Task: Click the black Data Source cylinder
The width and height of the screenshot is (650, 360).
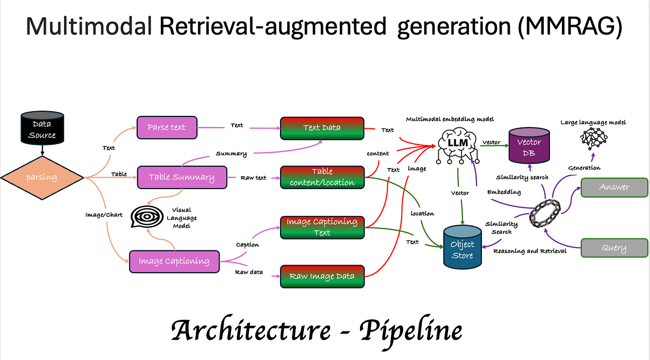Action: coord(42,129)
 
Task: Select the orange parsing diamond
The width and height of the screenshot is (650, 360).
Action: coord(42,178)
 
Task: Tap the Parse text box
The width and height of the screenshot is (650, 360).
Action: coord(167,128)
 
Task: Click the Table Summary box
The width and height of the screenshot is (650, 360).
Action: coord(181,177)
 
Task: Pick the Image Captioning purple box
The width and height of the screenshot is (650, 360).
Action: coord(174,261)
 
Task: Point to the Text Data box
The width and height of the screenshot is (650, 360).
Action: coord(322,128)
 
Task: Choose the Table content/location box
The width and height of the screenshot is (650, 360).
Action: coord(322,177)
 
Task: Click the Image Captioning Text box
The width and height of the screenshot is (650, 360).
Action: coord(322,227)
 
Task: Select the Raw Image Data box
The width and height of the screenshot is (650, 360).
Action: coord(322,276)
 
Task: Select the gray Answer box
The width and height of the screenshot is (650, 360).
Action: coord(614,187)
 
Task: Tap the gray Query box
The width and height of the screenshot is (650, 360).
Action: coord(614,248)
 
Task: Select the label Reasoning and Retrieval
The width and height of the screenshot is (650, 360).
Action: coord(529,251)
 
